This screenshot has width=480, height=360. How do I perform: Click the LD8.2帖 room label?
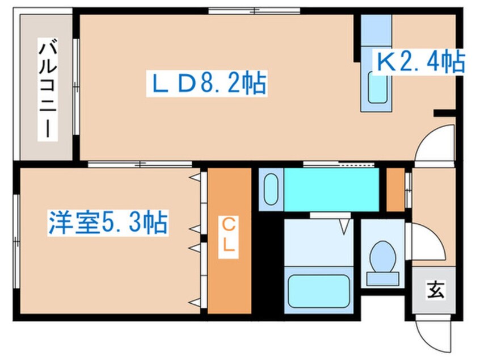coord(206,84)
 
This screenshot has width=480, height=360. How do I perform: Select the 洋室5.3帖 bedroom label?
coord(107,222)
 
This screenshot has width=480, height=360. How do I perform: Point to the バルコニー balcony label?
coord(47,88)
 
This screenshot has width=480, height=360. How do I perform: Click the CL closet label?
coord(229,238)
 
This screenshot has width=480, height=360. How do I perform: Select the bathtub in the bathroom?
coord(319,290)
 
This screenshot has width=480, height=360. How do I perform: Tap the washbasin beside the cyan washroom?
coord(271,189)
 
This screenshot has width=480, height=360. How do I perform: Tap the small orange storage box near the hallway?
coord(395,189)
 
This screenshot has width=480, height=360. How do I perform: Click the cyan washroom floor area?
coord(331,189)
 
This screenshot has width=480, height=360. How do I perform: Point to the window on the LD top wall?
coord(254,10)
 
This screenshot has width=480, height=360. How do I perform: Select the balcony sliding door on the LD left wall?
coord(76,85)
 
